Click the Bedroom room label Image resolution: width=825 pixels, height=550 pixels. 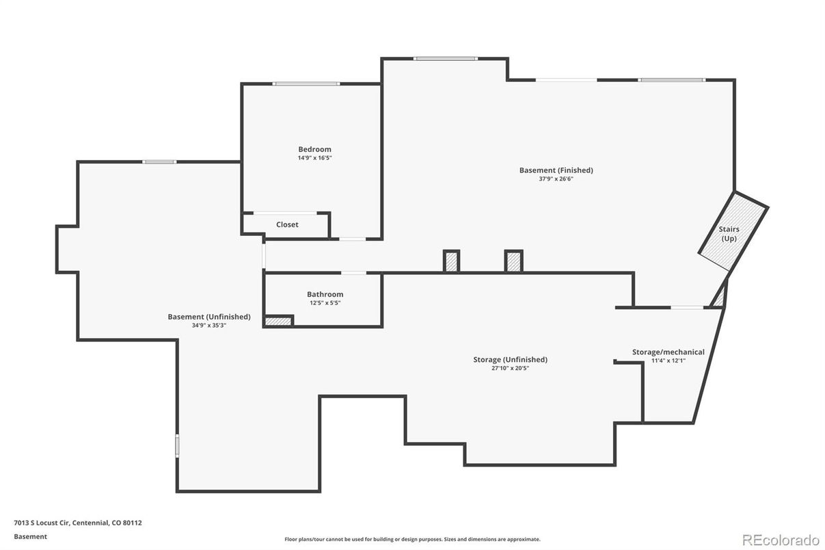tap(314, 149)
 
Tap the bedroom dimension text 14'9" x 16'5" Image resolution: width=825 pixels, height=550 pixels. tap(315, 158)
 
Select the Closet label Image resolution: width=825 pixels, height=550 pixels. tap(287, 224)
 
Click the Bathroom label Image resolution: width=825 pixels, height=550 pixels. tap(325, 294)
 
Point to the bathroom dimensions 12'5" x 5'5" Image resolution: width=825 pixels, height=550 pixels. tap(325, 303)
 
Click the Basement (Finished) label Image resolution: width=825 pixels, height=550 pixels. tap(556, 170)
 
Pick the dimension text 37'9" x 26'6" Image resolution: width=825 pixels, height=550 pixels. tap(556, 179)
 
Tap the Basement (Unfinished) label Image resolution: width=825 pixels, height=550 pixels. tap(209, 317)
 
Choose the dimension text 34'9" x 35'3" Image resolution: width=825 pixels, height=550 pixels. tap(209, 326)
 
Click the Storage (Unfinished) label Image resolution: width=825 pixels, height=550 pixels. tap(511, 359)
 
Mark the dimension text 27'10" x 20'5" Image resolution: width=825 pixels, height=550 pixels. tap(511, 368)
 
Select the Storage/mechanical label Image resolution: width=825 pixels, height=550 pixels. tap(668, 352)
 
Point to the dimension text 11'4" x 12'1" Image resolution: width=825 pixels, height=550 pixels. tap(668, 361)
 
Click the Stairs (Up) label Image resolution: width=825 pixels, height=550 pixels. tap(729, 234)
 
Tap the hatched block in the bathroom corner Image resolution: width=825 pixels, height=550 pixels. tap(278, 322)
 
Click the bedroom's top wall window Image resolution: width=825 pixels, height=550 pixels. tap(306, 84)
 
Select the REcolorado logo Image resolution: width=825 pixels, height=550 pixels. tap(781, 540)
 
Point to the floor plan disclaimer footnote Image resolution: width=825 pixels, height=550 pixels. tap(413, 539)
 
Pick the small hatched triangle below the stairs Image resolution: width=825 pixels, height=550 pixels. tap(720, 297)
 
